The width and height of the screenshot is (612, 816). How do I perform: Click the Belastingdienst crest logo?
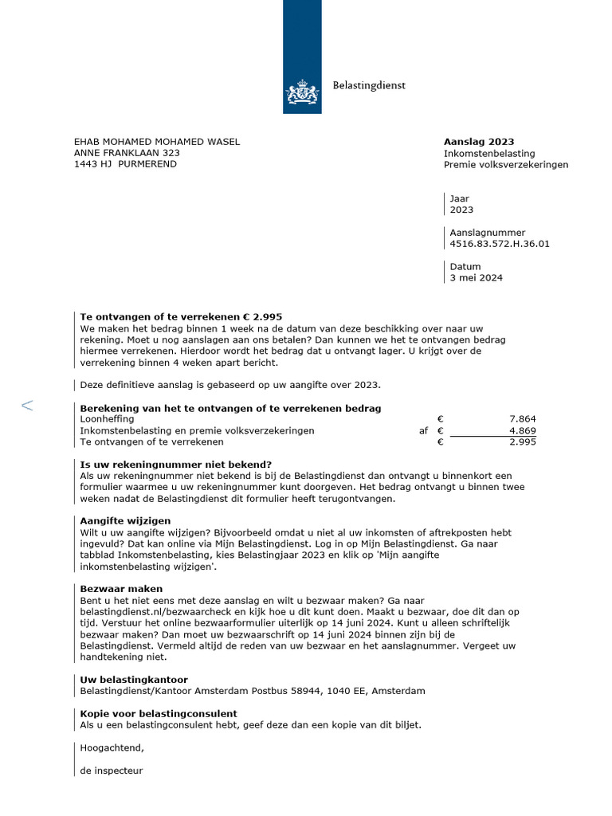coord(302,92)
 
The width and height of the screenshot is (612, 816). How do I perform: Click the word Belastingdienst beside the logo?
coord(369,86)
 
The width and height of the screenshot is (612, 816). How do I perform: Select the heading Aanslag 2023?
coord(474,141)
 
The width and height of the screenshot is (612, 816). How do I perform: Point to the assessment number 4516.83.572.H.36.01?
coord(500,245)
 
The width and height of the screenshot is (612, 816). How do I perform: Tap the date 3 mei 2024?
coord(476,278)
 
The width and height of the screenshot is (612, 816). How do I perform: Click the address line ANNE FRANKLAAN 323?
coord(127,153)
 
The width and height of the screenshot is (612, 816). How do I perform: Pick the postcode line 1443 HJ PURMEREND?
coord(125,164)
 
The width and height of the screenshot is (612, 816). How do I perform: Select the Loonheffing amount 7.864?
coord(522,418)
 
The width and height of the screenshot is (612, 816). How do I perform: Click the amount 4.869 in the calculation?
coord(522,430)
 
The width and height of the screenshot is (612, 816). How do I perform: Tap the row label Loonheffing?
coord(107,418)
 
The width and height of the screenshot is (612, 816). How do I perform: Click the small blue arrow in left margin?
coord(27,406)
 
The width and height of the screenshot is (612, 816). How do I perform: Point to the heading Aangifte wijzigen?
coord(125,520)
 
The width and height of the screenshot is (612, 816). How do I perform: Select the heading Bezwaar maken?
coord(121,589)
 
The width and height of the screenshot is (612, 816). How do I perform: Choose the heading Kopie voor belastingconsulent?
coord(159,714)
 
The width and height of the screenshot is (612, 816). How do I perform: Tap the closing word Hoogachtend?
coord(112,748)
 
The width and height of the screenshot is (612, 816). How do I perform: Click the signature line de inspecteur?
coord(112,771)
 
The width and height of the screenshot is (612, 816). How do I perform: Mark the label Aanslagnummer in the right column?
coord(488,233)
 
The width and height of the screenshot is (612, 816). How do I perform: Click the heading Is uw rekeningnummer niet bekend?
coord(176,465)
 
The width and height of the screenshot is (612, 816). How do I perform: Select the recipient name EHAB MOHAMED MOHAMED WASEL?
coord(157,142)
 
